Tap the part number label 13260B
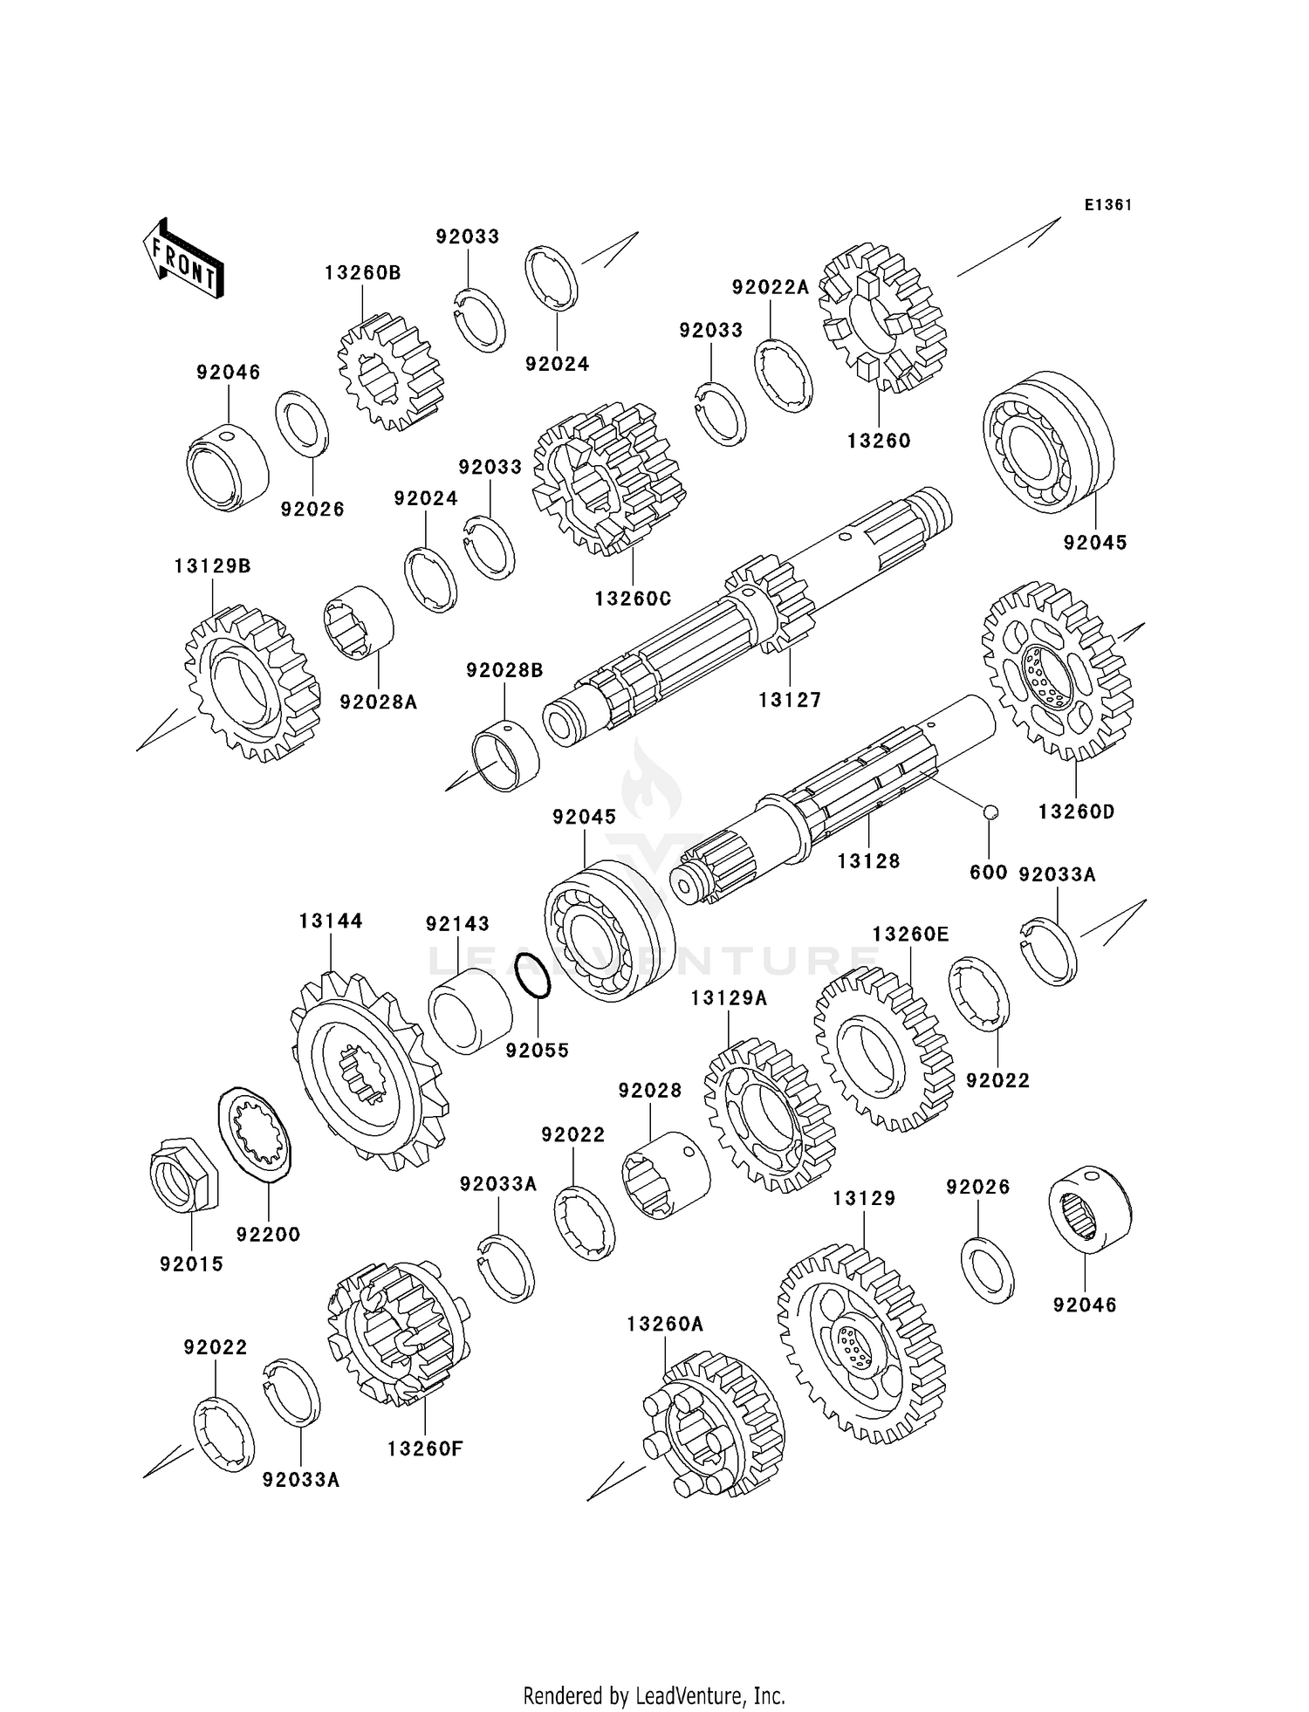362,273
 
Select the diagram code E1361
1108,205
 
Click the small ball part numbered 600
990,811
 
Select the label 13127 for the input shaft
790,700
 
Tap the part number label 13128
868,861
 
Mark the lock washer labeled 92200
255,1134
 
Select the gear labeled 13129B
253,686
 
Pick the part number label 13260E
910,935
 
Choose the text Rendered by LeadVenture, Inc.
654,1695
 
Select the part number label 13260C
633,599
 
